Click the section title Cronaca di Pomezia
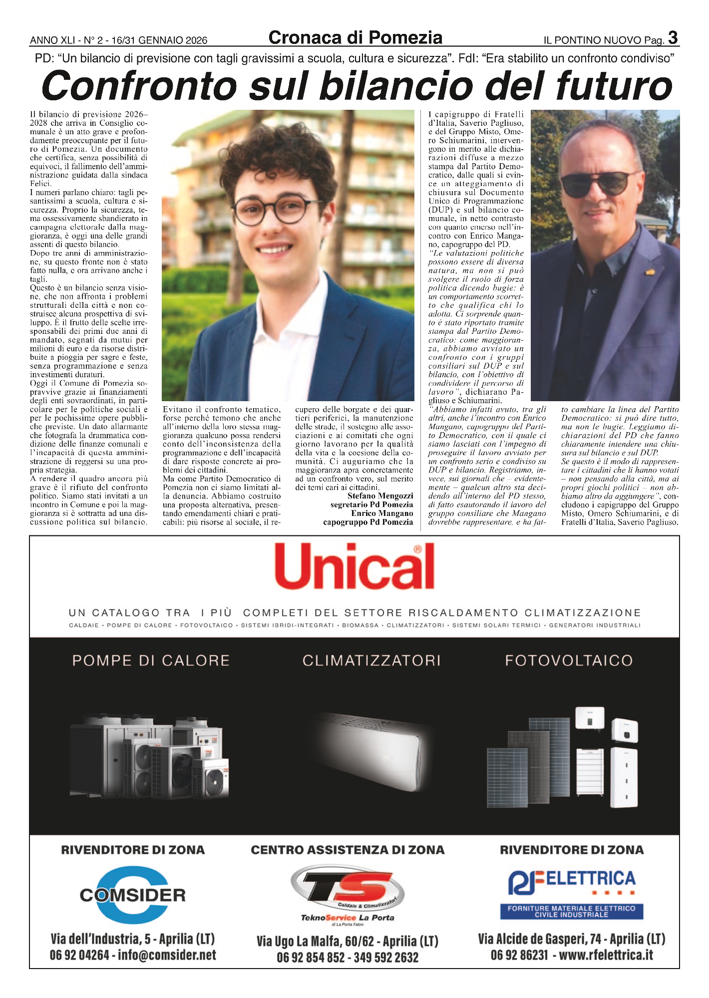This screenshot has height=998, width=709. pos(355,38)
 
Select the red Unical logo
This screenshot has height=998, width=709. pos(354,567)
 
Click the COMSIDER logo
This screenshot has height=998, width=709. pos(132,895)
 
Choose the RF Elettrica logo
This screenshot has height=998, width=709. pos(572,894)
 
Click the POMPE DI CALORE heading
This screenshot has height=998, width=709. pos(151,661)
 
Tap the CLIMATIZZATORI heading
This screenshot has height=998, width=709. pos(371,661)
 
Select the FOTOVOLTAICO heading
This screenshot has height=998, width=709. pos(569,661)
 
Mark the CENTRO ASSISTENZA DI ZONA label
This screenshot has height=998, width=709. pos(348,850)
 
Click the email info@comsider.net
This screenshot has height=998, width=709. pos(167,955)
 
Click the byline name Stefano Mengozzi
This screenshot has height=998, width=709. pos(380,496)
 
